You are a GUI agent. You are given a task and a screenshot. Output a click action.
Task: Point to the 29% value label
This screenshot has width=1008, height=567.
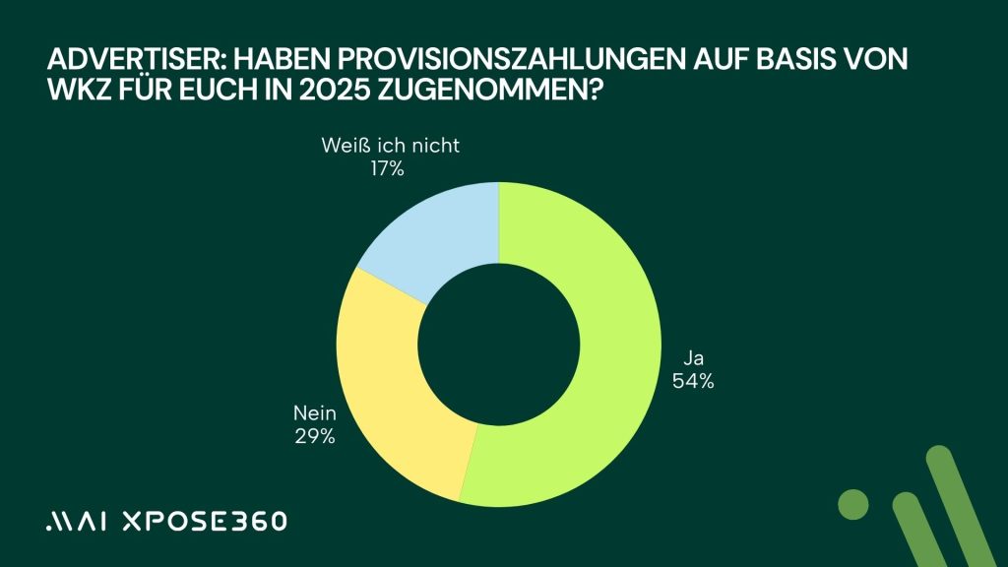[314, 435]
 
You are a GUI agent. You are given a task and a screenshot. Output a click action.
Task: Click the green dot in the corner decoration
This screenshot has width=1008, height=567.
[853, 503]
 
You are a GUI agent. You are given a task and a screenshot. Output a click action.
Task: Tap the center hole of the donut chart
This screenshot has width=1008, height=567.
[500, 344]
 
